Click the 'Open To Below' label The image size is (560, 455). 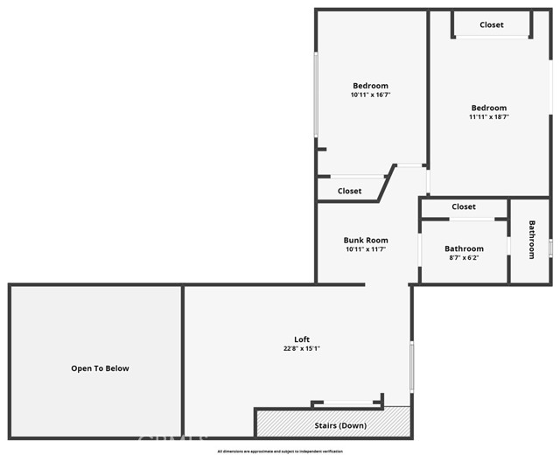click(100, 368)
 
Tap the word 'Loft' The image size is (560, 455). click(301, 339)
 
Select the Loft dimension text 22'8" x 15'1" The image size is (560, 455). click(301, 349)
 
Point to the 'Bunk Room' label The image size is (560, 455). click(366, 240)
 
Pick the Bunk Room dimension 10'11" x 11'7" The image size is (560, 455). click(366, 249)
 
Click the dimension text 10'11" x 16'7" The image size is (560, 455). click(370, 94)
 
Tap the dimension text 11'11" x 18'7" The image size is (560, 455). click(488, 116)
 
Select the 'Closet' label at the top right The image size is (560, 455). click(492, 24)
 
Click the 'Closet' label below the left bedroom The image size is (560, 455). click(350, 191)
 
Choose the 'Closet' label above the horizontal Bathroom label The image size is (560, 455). click(464, 206)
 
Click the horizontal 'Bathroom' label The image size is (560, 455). click(464, 248)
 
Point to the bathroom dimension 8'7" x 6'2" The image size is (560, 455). click(464, 259)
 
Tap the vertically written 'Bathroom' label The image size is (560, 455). click(531, 239)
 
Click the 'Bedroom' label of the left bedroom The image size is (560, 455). click(370, 85)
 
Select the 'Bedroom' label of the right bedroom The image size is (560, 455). click(488, 108)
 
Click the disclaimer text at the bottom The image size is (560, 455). click(280, 451)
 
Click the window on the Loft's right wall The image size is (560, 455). click(411, 367)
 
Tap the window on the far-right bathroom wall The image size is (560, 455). click(551, 248)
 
